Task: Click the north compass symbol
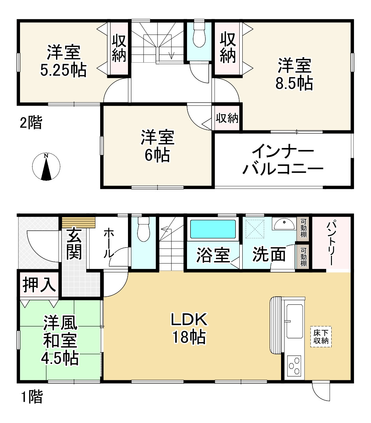click(46, 167)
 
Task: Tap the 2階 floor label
click(31, 123)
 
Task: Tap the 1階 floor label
click(32, 397)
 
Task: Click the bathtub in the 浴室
click(213, 229)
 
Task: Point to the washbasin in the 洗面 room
click(284, 224)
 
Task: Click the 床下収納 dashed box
click(321, 337)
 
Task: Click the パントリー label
click(332, 242)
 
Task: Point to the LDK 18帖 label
click(189, 328)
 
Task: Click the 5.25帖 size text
click(63, 70)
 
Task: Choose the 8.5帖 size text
click(294, 83)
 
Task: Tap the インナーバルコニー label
click(282, 160)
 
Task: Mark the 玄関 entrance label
click(74, 243)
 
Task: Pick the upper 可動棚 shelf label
click(303, 228)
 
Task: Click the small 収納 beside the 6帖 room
click(227, 118)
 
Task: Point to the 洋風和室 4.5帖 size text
click(60, 358)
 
